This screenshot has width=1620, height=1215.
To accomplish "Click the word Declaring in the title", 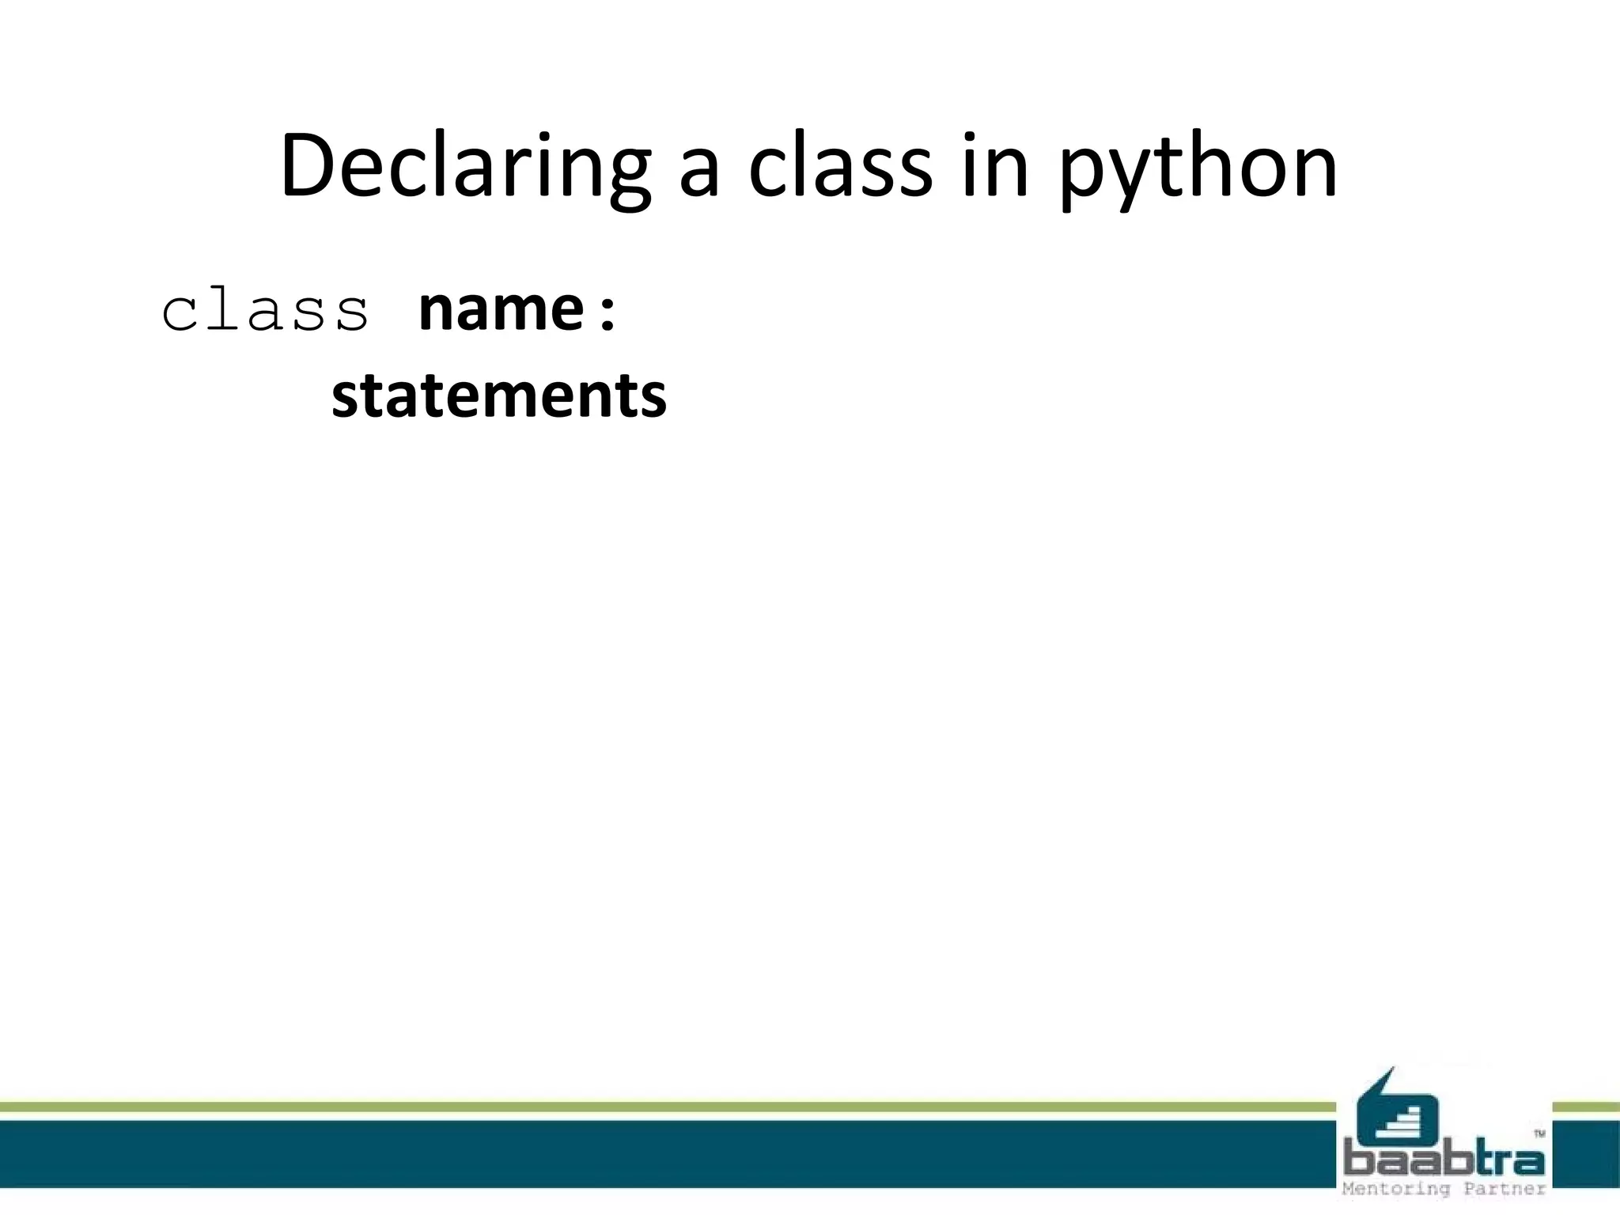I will click(x=465, y=168).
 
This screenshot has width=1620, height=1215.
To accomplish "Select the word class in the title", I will click(x=840, y=168).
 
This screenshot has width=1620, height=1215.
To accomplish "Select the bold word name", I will click(x=501, y=309).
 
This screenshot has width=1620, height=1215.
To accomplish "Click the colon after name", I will click(x=607, y=312).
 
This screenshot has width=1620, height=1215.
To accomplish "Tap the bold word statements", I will click(x=498, y=396).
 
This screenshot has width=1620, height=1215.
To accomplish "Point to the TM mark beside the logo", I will click(x=1539, y=1134).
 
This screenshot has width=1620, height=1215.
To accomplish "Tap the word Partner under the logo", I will click(x=1505, y=1189).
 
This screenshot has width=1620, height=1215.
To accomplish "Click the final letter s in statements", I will click(x=653, y=399).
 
